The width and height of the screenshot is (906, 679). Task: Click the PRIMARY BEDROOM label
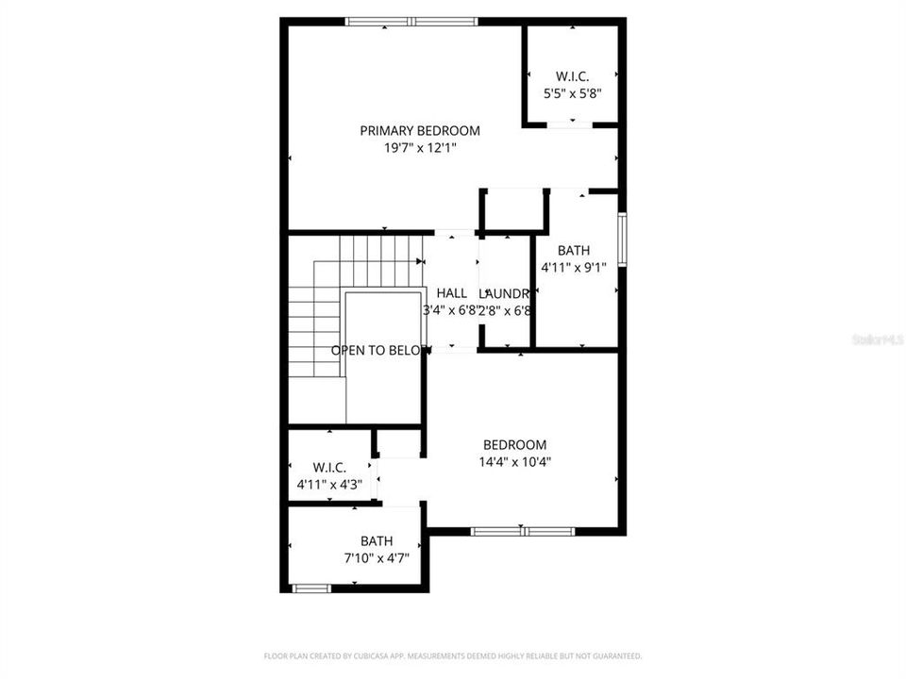pos(419,131)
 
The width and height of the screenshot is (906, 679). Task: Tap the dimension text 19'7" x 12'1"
pos(419,148)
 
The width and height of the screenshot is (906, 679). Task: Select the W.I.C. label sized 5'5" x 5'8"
pos(572,76)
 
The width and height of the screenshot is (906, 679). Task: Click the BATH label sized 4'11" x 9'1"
pos(573,251)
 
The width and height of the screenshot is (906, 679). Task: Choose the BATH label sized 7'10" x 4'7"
pos(377,541)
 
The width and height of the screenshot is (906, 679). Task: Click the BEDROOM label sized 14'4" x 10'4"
pos(514,445)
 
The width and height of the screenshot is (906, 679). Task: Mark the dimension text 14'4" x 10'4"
pos(514,462)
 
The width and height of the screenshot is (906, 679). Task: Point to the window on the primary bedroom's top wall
pos(411,21)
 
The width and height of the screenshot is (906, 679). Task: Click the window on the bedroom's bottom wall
pos(523,531)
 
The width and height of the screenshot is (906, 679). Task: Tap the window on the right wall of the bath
pos(622,241)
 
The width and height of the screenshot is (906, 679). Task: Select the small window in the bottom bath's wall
pos(310,588)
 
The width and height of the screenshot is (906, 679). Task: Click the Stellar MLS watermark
pos(878,339)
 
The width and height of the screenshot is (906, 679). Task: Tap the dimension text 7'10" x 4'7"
pos(377,558)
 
